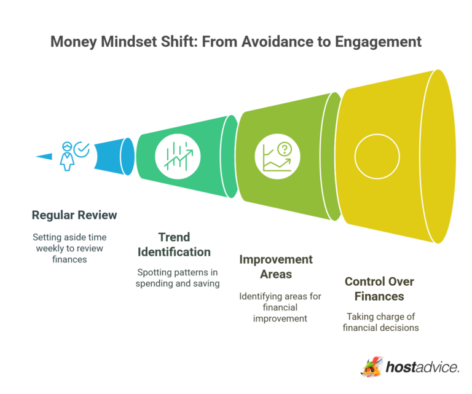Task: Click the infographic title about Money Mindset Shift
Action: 235,42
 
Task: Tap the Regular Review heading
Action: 74,215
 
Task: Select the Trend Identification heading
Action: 175,244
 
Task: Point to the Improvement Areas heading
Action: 275,267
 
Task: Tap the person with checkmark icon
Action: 66,155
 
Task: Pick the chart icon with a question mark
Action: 275,157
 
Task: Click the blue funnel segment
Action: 111,155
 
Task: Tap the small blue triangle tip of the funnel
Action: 44,156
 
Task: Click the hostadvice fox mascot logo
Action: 371,366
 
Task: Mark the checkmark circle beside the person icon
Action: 81,149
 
